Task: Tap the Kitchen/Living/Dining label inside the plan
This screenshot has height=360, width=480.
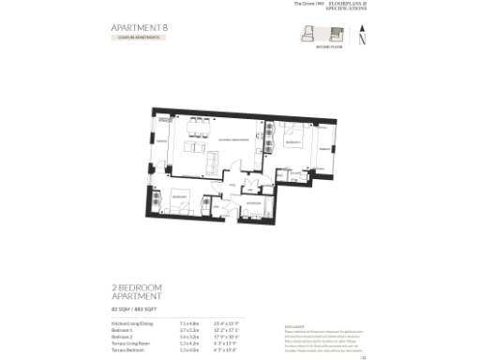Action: tap(232, 140)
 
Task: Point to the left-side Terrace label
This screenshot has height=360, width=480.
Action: tap(159, 140)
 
